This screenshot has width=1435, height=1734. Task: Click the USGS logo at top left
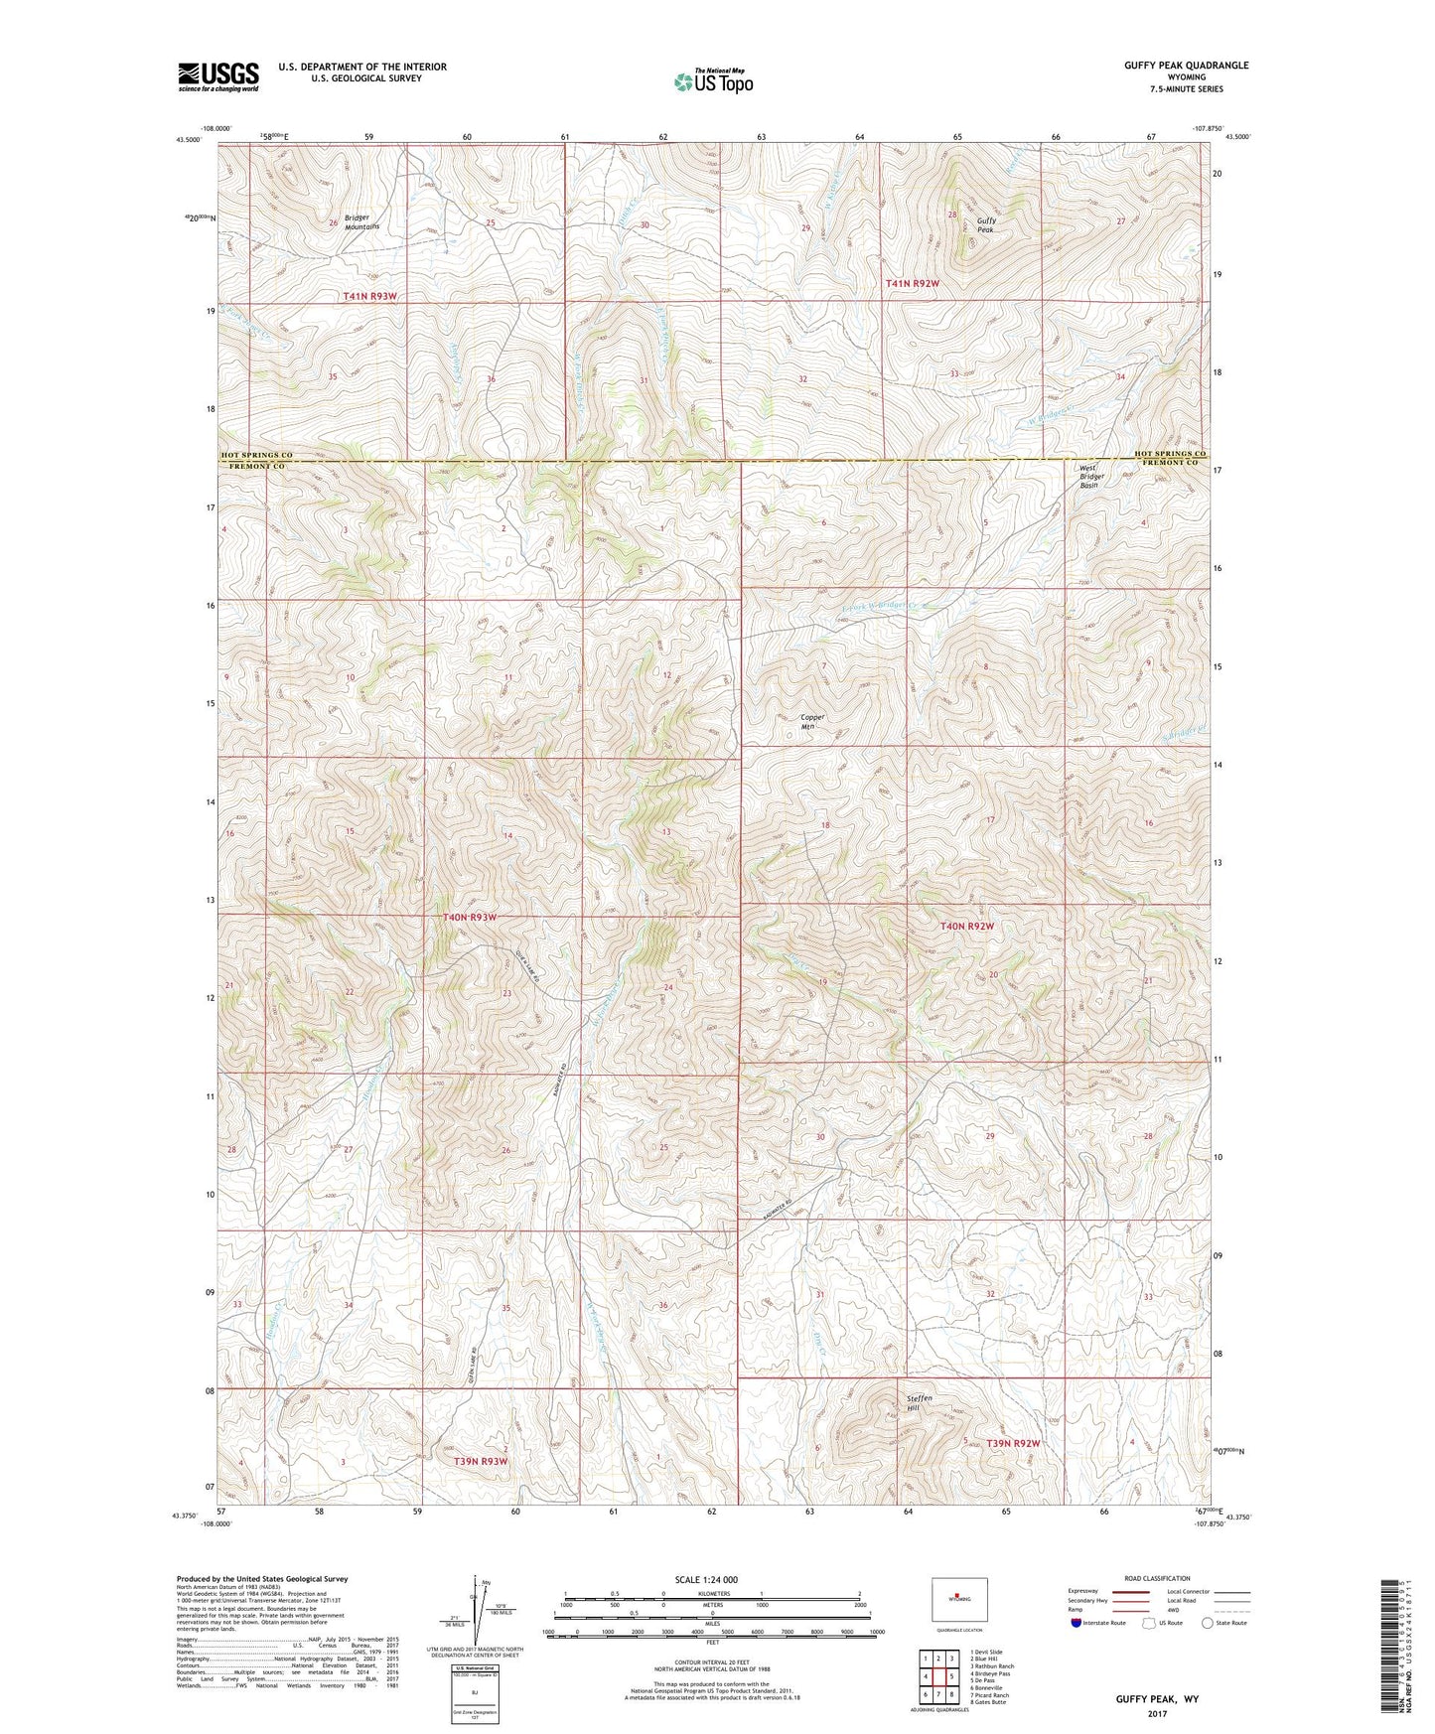point(218,76)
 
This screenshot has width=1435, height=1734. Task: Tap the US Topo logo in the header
point(712,81)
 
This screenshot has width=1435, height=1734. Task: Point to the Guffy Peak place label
point(985,225)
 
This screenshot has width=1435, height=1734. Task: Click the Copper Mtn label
point(812,721)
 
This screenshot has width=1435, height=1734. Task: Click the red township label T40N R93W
point(469,918)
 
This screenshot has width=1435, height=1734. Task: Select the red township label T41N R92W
point(911,284)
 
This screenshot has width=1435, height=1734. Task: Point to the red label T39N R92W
point(1013,1442)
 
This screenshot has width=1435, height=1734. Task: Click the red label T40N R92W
point(966,926)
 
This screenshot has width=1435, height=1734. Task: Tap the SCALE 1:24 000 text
point(706,1579)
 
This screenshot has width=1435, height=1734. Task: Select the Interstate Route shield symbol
point(1077,1623)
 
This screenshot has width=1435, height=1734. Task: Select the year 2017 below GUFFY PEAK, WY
point(1156,1713)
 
